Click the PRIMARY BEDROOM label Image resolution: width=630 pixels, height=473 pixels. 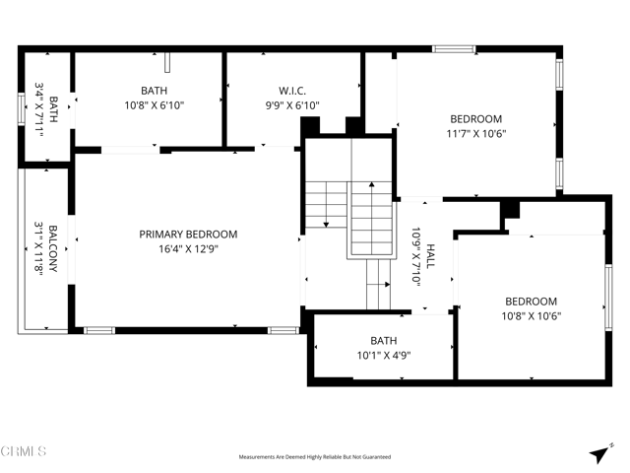[x=188, y=234]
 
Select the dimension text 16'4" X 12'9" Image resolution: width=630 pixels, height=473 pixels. [x=188, y=249]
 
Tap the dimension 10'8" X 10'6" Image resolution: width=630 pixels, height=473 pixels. [x=531, y=317]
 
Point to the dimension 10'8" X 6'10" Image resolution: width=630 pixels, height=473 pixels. [x=155, y=104]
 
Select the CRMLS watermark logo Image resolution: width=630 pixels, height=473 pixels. [x=24, y=452]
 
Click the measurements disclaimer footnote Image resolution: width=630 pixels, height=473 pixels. [x=315, y=457]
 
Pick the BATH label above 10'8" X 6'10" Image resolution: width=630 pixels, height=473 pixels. [x=155, y=89]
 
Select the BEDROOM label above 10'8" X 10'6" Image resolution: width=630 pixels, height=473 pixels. [x=531, y=302]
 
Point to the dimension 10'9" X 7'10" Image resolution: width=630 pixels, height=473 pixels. [x=415, y=257]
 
